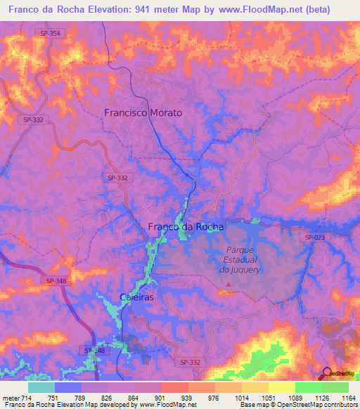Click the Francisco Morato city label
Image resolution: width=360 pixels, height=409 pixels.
click(143, 112)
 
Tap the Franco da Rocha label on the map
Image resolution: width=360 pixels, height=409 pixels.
click(186, 226)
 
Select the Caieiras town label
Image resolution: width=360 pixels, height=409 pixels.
click(136, 297)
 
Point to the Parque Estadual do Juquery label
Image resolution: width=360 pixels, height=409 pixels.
click(240, 259)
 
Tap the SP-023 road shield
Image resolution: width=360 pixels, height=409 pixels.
click(315, 238)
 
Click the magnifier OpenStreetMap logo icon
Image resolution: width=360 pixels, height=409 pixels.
click(326, 374)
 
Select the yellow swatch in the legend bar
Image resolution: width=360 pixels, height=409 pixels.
click(281, 387)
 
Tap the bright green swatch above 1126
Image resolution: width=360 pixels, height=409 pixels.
click(308, 387)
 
